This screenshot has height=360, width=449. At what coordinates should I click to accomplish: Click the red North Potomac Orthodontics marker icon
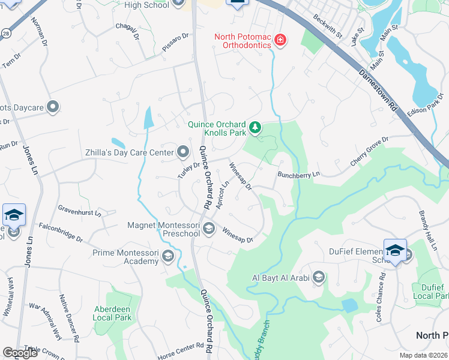[280, 40]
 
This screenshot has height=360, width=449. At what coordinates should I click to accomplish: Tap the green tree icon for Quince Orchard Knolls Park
[255, 127]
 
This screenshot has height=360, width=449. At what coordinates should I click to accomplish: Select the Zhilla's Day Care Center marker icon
[182, 152]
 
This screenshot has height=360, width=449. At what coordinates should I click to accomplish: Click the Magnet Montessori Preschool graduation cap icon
[209, 227]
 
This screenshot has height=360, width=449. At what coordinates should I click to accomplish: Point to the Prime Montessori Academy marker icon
[168, 258]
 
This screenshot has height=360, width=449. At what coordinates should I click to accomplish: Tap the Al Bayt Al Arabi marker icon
[318, 277]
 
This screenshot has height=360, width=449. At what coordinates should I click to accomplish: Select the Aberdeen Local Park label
[113, 313]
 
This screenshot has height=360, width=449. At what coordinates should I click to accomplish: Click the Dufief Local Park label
[431, 292]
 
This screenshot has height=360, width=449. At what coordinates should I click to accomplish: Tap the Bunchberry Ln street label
[299, 174]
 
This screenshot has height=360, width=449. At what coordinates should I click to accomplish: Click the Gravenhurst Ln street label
[79, 210]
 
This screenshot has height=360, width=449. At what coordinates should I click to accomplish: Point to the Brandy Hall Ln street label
[427, 225]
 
